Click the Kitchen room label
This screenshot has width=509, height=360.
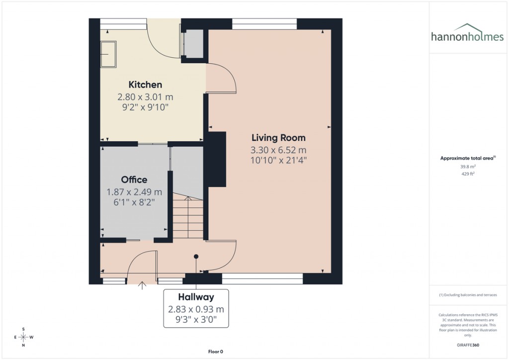[145, 85]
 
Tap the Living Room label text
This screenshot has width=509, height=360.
[278, 138]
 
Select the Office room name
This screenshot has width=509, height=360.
[134, 180]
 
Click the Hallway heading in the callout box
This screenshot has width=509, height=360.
[196, 297]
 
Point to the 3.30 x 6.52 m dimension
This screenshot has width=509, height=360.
[278, 150]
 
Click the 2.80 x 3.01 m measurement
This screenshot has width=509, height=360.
[145, 96]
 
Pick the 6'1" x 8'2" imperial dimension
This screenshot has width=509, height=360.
[134, 202]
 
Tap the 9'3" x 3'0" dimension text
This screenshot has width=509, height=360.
[196, 320]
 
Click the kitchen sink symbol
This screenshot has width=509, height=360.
[107, 54]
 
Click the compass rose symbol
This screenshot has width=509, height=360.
[23, 337]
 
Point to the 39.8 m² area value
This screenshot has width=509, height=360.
[467, 167]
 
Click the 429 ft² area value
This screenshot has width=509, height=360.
[467, 174]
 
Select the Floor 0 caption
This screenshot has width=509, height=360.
[216, 352]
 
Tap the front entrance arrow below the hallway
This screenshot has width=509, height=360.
[142, 285]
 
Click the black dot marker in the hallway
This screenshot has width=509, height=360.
[196, 257]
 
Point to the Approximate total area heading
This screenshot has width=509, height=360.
[467, 158]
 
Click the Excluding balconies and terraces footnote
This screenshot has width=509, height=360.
[467, 295]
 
